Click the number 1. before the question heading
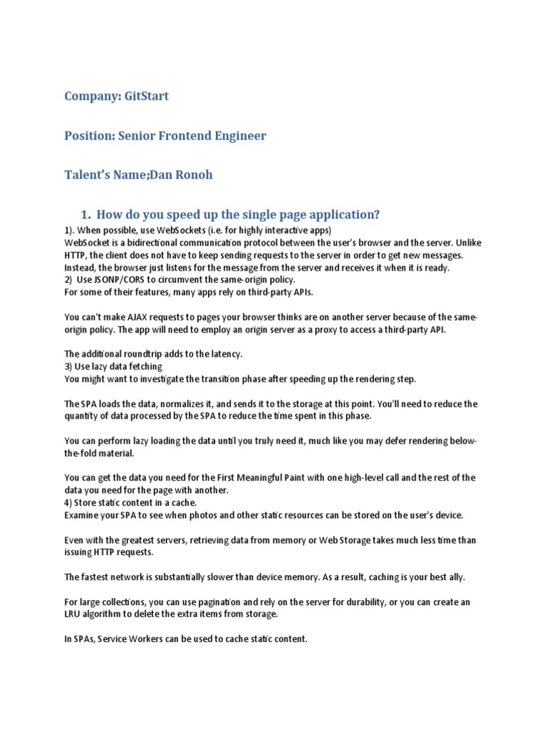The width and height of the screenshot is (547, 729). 86,215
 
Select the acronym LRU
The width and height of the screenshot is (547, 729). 73,614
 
